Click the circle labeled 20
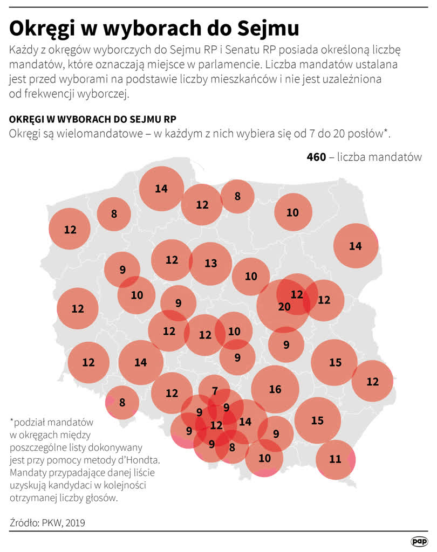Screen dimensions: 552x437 (283, 307)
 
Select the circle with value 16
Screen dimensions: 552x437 (275, 389)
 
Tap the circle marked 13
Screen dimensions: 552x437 (210, 263)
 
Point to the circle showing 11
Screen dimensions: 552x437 (335, 459)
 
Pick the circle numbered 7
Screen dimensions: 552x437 (215, 390)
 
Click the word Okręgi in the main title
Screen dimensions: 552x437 (46, 28)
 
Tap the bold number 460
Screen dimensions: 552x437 (316, 157)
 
